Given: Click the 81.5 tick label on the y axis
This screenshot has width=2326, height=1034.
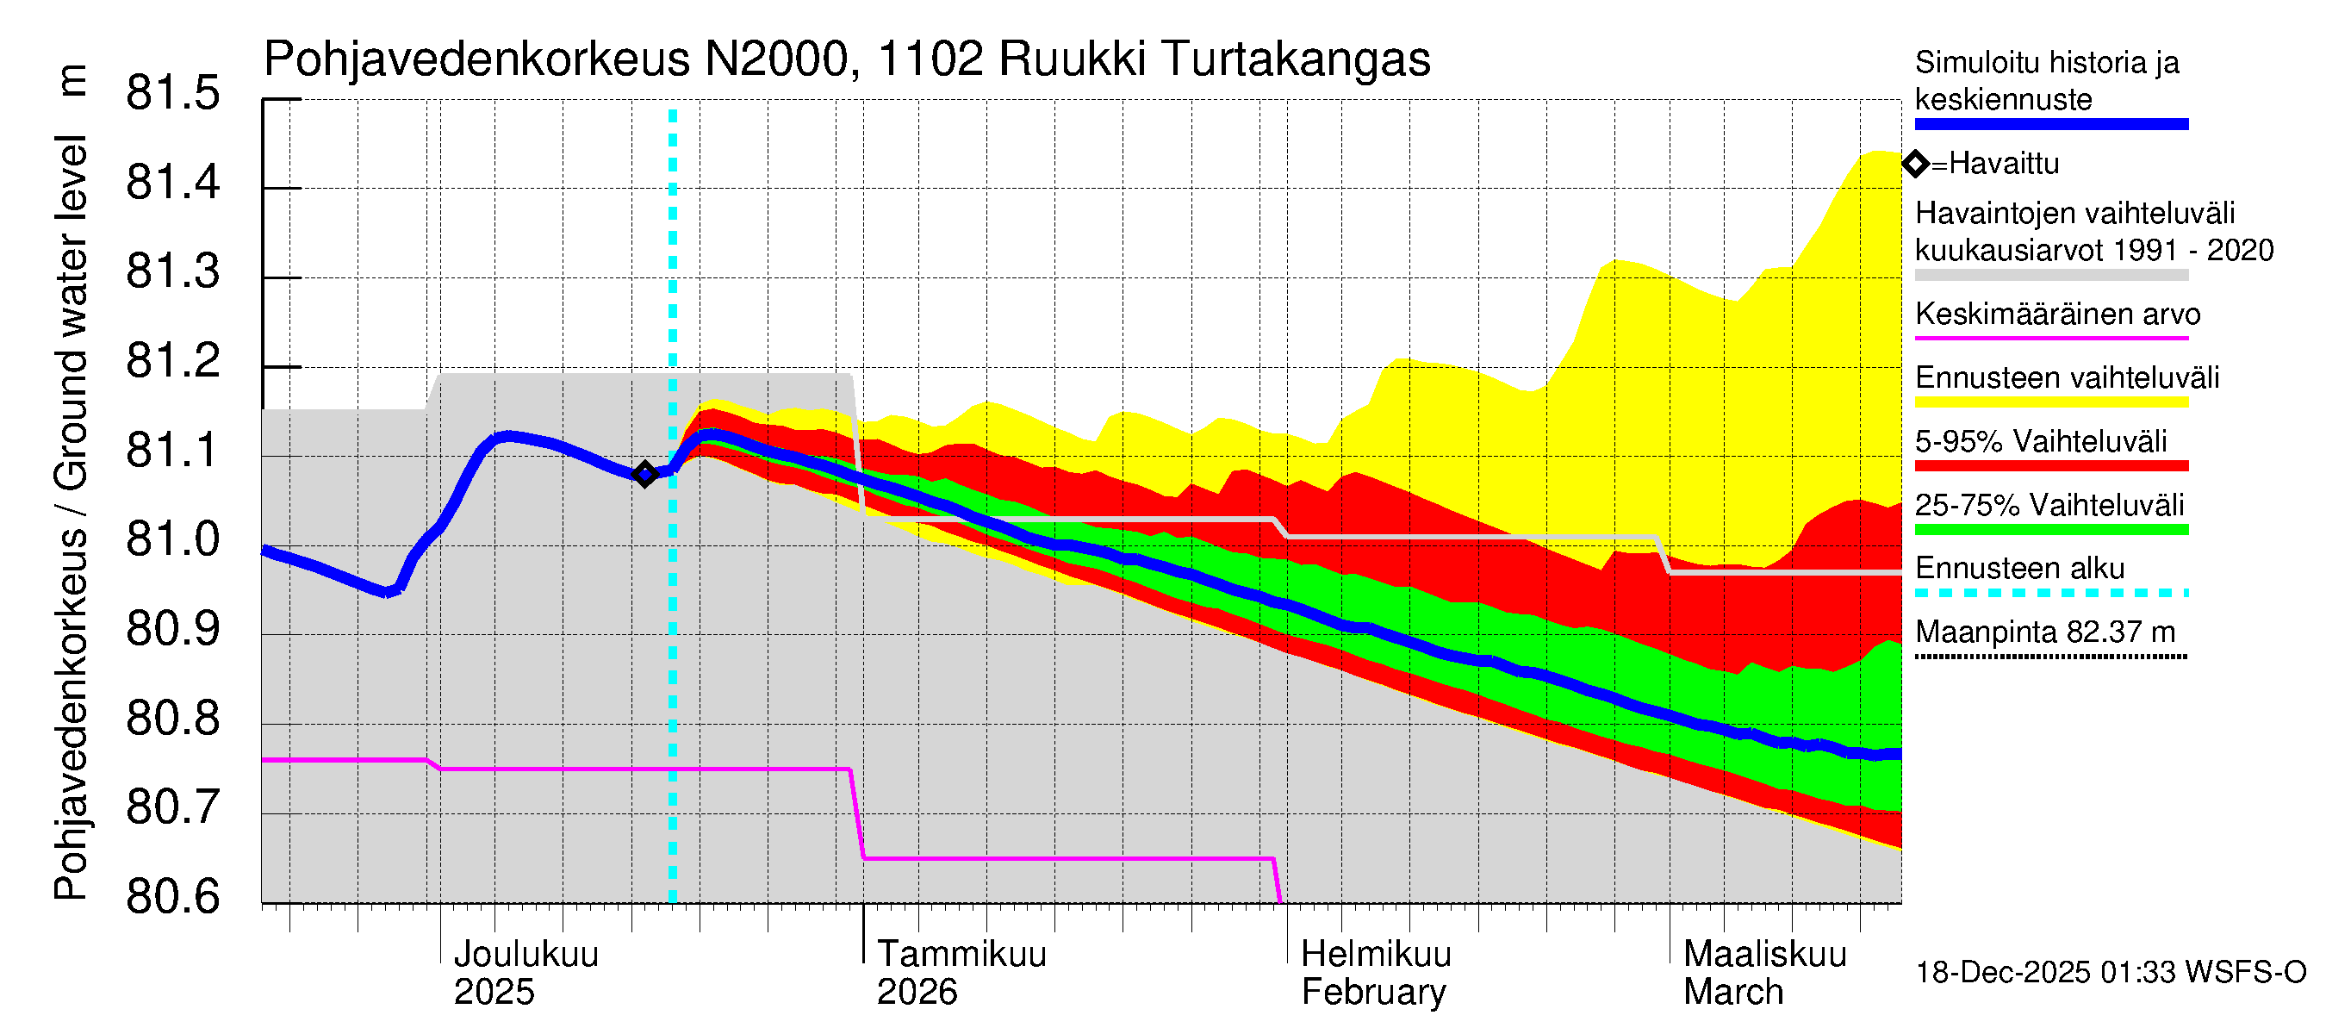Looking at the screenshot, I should [172, 93].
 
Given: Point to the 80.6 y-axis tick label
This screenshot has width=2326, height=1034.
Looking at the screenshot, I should [172, 897].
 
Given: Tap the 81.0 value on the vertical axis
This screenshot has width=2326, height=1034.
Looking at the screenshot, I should [172, 540].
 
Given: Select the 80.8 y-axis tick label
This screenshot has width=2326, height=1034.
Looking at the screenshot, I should [172, 719].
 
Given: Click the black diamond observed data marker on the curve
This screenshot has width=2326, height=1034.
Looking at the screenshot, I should [644, 474].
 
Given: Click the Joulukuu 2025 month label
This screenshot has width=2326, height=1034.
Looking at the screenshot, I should [525, 973].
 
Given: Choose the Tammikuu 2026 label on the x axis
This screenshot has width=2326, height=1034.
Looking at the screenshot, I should [961, 973].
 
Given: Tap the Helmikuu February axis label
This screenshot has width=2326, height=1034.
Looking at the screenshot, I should [1375, 973].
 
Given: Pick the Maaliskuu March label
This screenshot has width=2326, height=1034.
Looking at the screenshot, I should [1764, 973].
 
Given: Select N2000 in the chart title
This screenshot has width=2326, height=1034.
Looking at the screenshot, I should [775, 59].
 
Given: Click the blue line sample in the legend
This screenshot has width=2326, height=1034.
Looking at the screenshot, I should [2050, 125].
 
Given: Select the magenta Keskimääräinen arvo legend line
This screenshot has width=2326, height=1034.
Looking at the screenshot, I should [2050, 338].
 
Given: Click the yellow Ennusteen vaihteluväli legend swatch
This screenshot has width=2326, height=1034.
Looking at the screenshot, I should [2050, 402].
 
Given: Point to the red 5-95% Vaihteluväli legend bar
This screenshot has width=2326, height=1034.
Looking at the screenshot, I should [2050, 466].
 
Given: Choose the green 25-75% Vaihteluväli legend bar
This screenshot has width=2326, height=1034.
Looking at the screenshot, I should [2050, 529].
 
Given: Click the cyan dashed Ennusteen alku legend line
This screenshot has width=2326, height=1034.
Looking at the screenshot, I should [2050, 594].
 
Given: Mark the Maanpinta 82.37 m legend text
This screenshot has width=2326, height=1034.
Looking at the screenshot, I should [2044, 632].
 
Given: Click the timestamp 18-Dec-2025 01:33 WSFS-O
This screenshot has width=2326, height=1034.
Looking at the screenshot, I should [2110, 973].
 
